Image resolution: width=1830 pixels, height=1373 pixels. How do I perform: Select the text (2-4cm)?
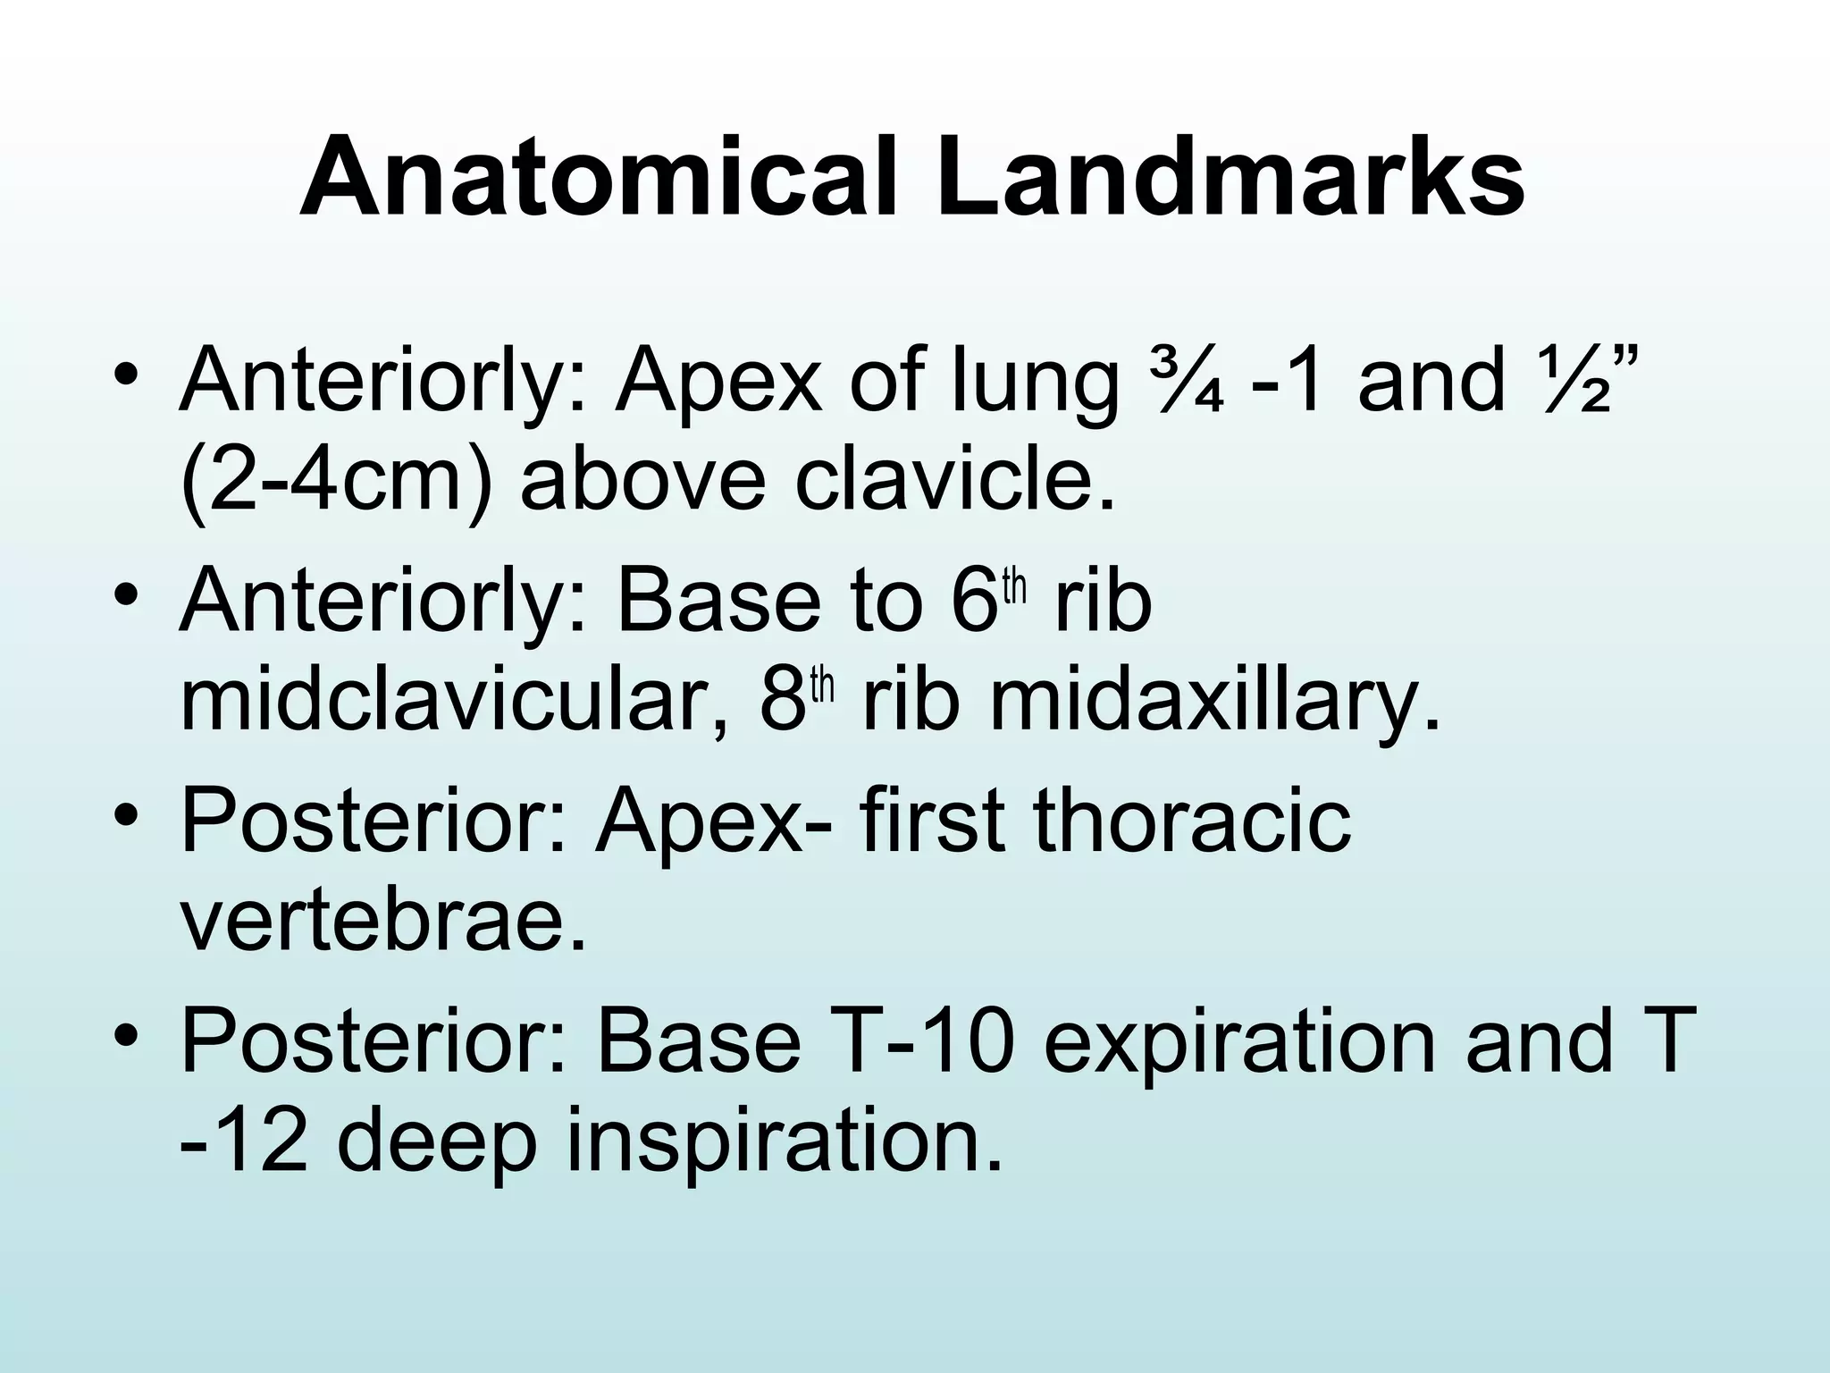pos(335,483)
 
